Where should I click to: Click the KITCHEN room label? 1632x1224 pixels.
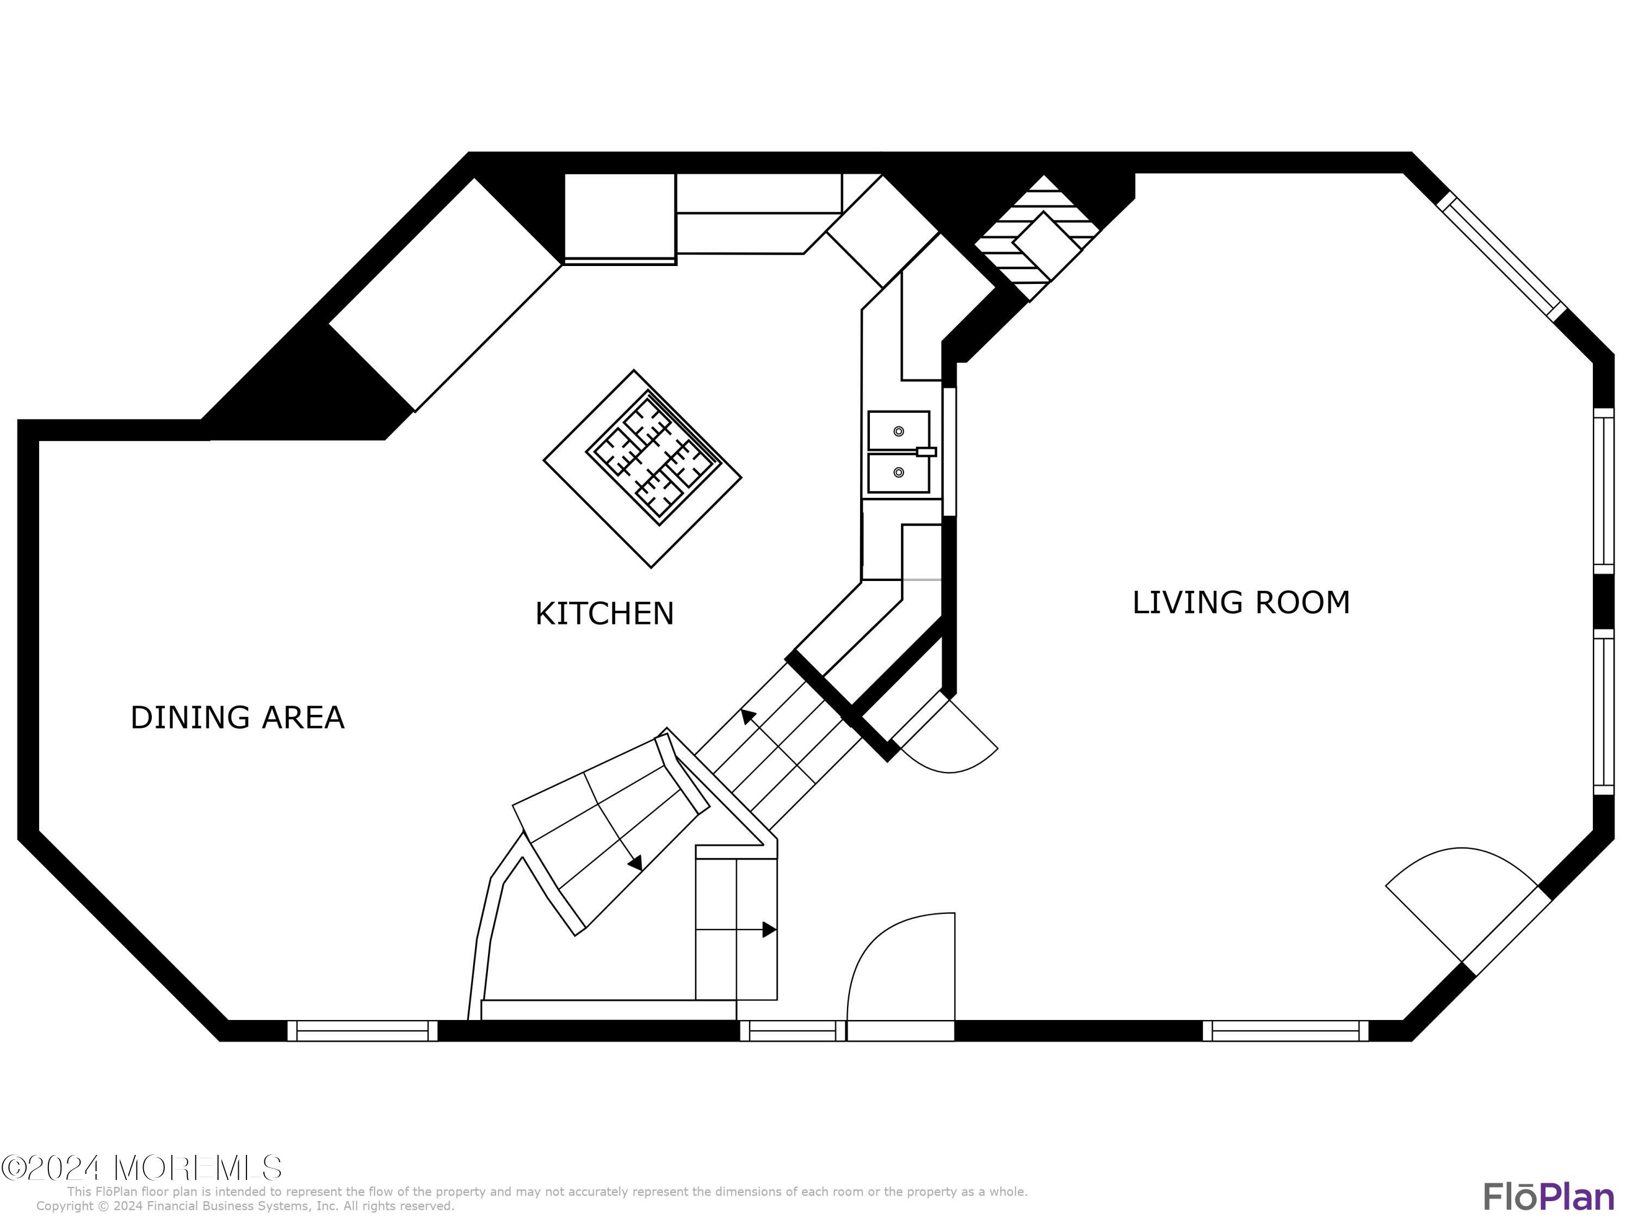click(x=604, y=614)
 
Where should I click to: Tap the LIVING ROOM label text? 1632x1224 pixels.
click(x=1241, y=603)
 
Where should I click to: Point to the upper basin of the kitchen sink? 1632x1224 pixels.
click(x=898, y=430)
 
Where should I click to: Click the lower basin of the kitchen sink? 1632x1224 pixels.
click(x=898, y=473)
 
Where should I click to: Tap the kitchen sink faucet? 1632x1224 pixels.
click(x=926, y=452)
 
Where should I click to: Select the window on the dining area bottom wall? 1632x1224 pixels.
click(x=362, y=1031)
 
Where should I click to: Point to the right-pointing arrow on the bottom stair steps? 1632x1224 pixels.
click(x=769, y=930)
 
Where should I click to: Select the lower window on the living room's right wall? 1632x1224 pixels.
click(x=1603, y=713)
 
